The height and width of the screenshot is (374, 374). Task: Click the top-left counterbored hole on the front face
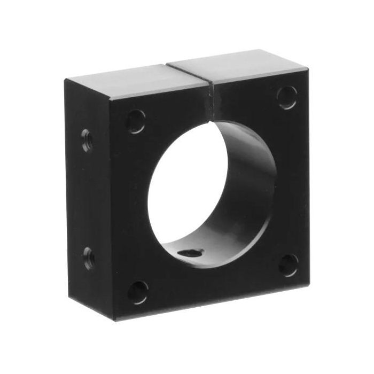point(136,121)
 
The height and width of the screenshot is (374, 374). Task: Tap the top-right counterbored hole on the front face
point(287,97)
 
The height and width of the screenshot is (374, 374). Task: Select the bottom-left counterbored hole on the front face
point(138,292)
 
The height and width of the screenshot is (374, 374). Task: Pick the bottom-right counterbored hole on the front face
point(289,265)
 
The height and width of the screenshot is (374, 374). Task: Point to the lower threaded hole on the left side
point(88,258)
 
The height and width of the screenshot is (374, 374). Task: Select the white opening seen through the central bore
point(187,192)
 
